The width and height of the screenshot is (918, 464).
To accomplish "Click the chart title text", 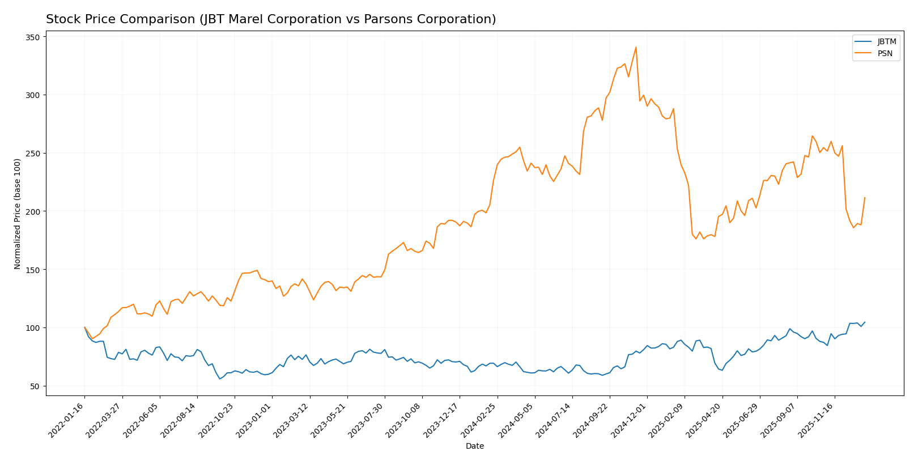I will click(271, 19).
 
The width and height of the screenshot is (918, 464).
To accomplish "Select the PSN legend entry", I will click(885, 54).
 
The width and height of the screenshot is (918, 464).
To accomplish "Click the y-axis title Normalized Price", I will click(18, 214).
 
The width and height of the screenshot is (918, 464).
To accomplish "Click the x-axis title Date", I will click(474, 446).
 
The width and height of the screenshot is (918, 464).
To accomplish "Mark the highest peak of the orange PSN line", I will click(636, 47).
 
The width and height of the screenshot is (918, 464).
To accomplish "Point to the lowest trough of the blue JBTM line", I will click(220, 378).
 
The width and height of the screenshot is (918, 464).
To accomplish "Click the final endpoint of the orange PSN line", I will click(865, 198).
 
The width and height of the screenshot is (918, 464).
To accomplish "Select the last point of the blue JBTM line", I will click(865, 322).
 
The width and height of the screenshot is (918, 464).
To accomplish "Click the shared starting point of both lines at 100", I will click(84, 327).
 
